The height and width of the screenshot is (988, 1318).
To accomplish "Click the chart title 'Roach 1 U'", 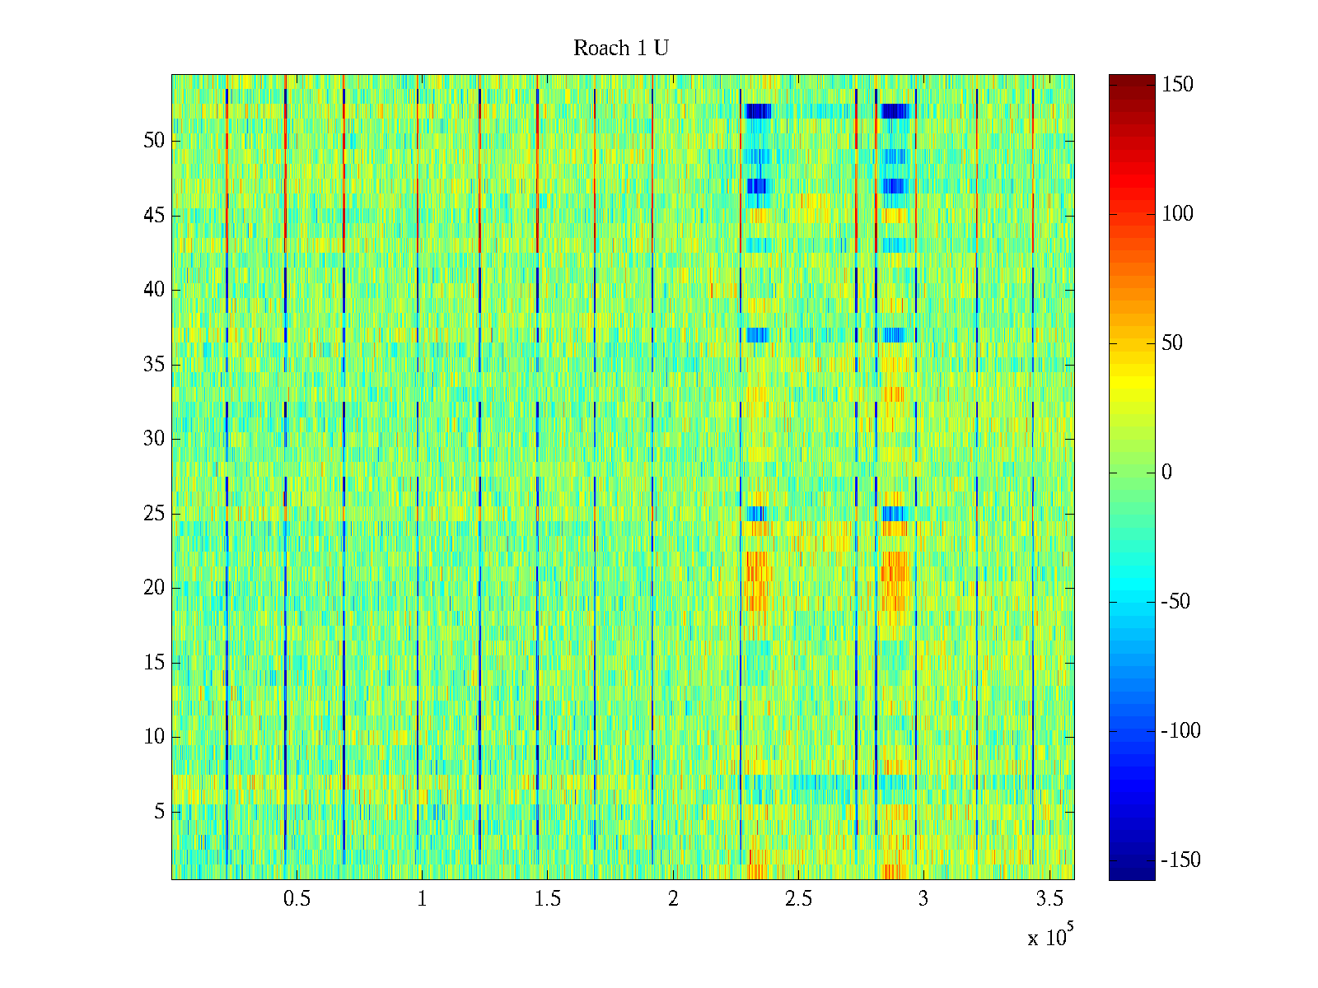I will coord(621,49).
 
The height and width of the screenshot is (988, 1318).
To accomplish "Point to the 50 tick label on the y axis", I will coord(154,141).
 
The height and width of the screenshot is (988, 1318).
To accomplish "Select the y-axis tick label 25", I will coord(154,514).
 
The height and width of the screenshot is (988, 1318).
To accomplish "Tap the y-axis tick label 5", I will coord(159,812).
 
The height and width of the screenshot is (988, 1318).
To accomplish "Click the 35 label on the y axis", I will coord(154,365).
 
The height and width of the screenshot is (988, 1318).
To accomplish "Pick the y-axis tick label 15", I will coord(154,663).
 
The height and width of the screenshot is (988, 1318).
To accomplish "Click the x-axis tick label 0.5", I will coord(297,899).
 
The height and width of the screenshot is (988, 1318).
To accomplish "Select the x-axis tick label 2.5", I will coord(798,899).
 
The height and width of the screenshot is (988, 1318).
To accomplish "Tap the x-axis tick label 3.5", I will coord(1049,899).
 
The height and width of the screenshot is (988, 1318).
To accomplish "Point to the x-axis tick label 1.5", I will coord(548,899).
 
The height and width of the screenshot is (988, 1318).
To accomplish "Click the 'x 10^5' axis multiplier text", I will coord(1050,936).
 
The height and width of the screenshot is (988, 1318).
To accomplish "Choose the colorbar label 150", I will coord(1177,85).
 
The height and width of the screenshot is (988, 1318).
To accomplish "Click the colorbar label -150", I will coord(1180,860).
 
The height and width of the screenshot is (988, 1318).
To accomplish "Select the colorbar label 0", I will coord(1166,473).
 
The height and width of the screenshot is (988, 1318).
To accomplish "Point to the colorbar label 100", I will coord(1177,214).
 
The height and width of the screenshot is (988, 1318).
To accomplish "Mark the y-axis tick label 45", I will coord(154,216).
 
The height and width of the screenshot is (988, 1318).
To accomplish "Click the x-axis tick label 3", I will coord(923,899).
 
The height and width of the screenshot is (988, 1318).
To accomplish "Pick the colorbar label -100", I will coord(1180,731).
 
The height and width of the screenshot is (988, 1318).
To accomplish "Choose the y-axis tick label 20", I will coord(154,588).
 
